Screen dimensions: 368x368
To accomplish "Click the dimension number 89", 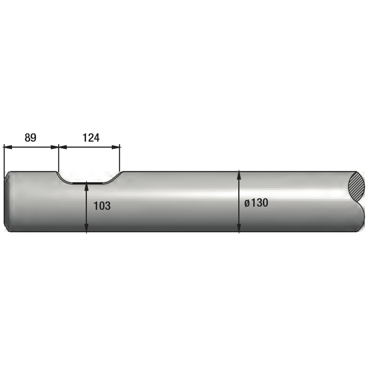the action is tap(31, 138).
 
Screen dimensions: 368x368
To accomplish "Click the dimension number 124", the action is tap(91, 138).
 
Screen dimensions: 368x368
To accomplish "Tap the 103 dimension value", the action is tap(102, 206).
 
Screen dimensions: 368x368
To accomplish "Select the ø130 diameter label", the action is tap(256, 203).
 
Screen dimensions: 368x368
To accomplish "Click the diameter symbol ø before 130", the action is tap(247, 203).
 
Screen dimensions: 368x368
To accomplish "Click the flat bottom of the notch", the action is tap(87, 183).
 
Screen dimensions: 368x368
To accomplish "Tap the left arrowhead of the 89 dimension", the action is tap(8, 147).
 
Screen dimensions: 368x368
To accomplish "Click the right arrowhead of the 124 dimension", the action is tap(116, 147).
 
